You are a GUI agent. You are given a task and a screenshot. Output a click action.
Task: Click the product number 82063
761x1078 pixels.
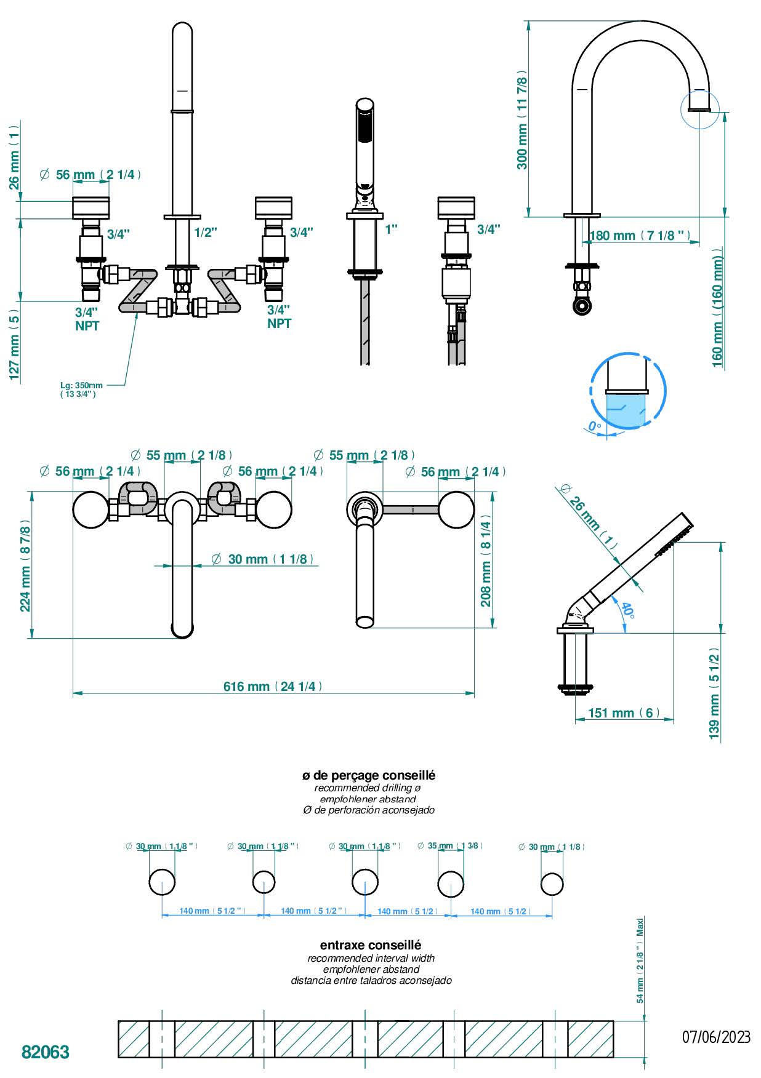(46, 1052)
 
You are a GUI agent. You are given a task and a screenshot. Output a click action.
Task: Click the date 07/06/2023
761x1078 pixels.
(715, 1037)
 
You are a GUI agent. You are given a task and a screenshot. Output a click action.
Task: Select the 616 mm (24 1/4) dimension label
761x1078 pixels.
(273, 686)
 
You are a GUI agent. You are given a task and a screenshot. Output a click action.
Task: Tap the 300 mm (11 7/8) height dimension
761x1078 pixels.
(522, 119)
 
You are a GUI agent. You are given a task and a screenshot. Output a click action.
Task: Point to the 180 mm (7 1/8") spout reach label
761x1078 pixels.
(638, 236)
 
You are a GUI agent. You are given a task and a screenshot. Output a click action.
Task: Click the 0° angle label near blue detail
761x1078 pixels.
(594, 426)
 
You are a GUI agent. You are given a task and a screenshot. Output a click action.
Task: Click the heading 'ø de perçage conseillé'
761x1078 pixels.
(368, 775)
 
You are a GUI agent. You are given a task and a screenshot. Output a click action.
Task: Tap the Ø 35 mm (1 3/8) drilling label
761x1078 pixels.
(450, 845)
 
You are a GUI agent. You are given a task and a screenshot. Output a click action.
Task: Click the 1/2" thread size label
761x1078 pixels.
(206, 233)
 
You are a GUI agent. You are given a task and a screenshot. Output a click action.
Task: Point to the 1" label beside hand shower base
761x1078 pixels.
(391, 230)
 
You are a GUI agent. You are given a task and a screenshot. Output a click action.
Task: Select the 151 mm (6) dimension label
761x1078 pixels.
(624, 713)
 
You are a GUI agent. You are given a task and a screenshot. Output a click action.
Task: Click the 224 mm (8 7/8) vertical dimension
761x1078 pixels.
(25, 566)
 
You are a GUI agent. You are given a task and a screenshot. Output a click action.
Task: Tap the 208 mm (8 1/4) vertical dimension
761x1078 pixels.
(486, 564)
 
